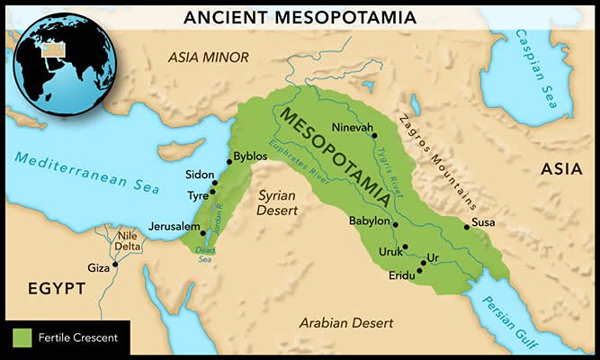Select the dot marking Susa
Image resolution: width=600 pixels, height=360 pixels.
tap(466, 227)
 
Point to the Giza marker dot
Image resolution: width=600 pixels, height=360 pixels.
tap(115, 266)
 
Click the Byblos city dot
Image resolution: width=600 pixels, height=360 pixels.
tap(228, 159)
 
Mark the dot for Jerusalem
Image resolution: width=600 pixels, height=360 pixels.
tap(203, 233)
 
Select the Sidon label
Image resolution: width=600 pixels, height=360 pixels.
tap(200, 174)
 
